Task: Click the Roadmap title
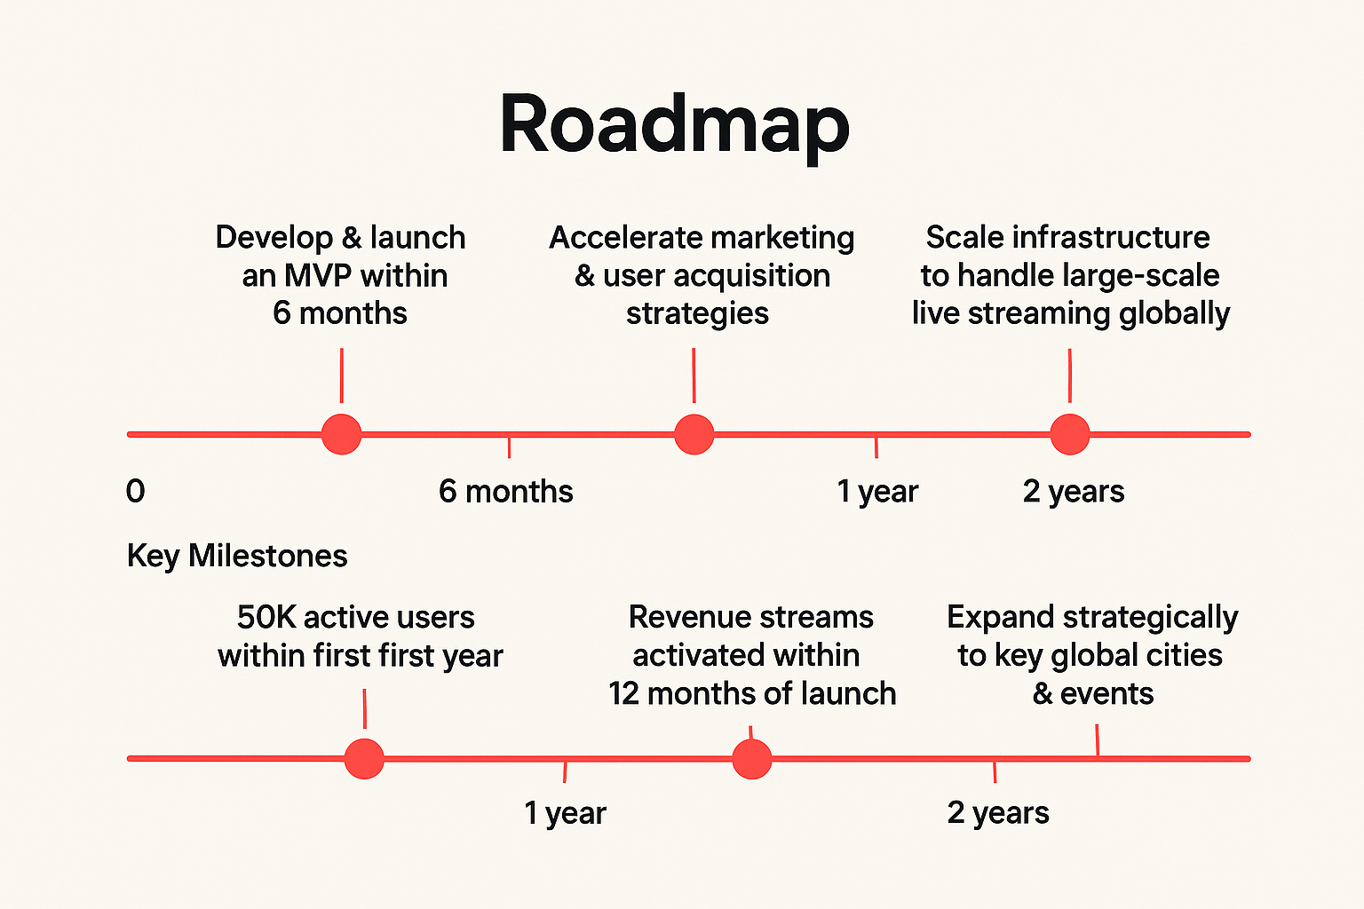(x=675, y=126)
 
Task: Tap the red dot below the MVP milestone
(x=342, y=434)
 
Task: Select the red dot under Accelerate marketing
(x=694, y=434)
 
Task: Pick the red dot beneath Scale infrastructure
(x=1070, y=434)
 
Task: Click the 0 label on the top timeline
(x=135, y=491)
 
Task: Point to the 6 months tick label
(x=505, y=491)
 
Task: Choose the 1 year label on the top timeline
(x=877, y=492)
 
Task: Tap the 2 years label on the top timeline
(x=1074, y=492)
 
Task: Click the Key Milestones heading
(x=237, y=557)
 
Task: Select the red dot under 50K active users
(x=364, y=759)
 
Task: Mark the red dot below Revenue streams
(x=752, y=759)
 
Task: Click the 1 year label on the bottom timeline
(x=565, y=813)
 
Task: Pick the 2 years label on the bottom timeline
(x=998, y=813)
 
